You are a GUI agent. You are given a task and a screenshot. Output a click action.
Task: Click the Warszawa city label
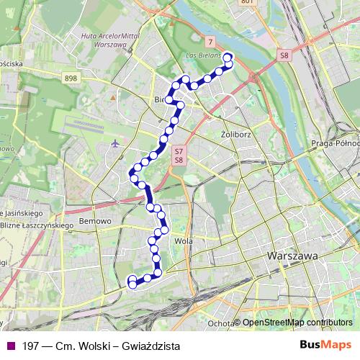(292, 256)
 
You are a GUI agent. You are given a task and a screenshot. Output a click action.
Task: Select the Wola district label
(183, 242)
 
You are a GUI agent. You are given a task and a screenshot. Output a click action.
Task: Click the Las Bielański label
(204, 54)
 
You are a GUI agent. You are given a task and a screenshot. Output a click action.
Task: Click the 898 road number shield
(70, 78)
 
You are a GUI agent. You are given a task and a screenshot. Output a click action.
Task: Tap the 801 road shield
(247, 2)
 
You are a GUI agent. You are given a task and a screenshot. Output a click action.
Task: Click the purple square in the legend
(9, 346)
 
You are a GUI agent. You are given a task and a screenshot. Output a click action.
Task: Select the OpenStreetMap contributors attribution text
(297, 323)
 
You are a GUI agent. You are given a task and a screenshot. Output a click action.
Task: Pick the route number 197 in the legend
(30, 346)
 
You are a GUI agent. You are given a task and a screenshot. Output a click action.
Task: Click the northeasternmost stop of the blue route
(228, 58)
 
